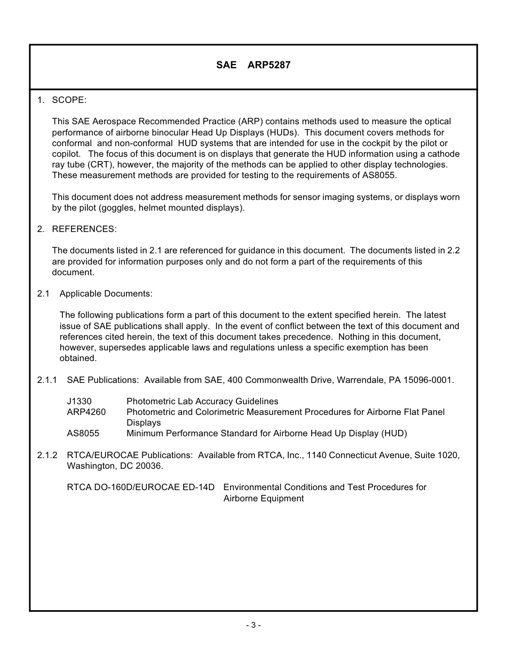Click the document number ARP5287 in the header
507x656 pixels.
pyautogui.click(x=269, y=65)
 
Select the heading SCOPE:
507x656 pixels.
pyautogui.click(x=69, y=100)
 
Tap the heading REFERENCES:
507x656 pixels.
pyautogui.click(x=84, y=229)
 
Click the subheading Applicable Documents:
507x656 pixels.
pyautogui.click(x=106, y=293)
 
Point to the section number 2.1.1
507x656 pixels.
pyautogui.click(x=47, y=380)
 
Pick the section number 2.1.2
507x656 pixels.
pyautogui.click(x=47, y=455)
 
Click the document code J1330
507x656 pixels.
pyautogui.click(x=80, y=401)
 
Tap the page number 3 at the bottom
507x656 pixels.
pyautogui.click(x=253, y=625)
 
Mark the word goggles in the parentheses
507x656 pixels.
pyautogui.click(x=117, y=207)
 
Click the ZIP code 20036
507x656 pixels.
pyautogui.click(x=150, y=466)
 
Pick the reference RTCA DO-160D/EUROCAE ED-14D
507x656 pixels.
pyautogui.click(x=140, y=487)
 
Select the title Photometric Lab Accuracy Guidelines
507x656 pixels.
pyautogui.click(x=202, y=401)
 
